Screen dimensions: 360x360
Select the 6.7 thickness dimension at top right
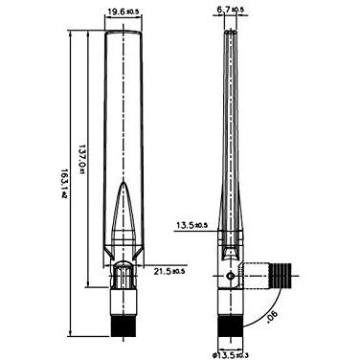tap(231, 11)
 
